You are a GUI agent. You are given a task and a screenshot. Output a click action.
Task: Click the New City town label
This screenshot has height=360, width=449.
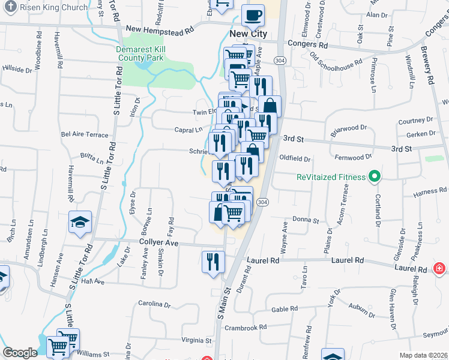pyautogui.click(x=248, y=34)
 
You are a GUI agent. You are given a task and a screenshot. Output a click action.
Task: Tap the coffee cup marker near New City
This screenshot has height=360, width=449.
pyautogui.click(x=253, y=15)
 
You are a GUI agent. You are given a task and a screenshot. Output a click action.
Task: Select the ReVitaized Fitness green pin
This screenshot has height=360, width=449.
pyautogui.click(x=375, y=177)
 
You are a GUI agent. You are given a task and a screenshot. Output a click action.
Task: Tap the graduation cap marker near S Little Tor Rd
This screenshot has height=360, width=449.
pyautogui.click(x=80, y=223)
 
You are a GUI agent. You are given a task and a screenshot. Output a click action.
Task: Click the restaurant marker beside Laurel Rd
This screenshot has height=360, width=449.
pyautogui.click(x=213, y=262)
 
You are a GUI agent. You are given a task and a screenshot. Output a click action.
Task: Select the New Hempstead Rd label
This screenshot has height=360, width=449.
pyautogui.click(x=160, y=29)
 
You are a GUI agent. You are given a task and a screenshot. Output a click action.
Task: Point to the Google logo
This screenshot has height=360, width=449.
pyautogui.click(x=20, y=353)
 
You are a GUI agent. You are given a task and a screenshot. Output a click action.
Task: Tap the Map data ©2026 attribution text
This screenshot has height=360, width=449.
pyautogui.click(x=423, y=355)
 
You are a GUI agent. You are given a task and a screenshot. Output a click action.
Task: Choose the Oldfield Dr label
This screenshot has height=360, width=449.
pyautogui.click(x=295, y=159)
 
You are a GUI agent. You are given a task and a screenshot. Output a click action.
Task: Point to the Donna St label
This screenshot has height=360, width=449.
pyautogui.click(x=306, y=220)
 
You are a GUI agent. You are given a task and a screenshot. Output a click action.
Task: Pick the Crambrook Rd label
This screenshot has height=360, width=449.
pyautogui.click(x=245, y=328)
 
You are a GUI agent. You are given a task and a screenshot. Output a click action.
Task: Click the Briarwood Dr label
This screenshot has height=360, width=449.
pyautogui.click(x=349, y=128)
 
